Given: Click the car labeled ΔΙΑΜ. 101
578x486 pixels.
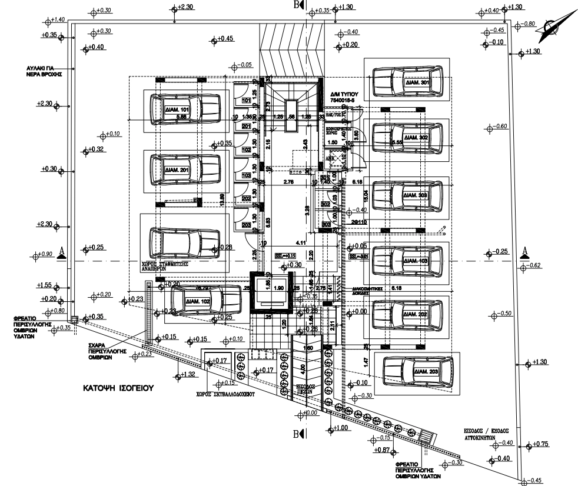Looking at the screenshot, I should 184,108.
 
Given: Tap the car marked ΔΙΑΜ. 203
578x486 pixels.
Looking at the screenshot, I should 418,371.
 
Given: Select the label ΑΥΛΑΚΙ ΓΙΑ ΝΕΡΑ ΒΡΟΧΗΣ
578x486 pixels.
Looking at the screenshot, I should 45,71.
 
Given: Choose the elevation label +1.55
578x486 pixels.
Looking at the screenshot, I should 45,285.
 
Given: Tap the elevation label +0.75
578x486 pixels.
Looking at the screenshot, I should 540,444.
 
